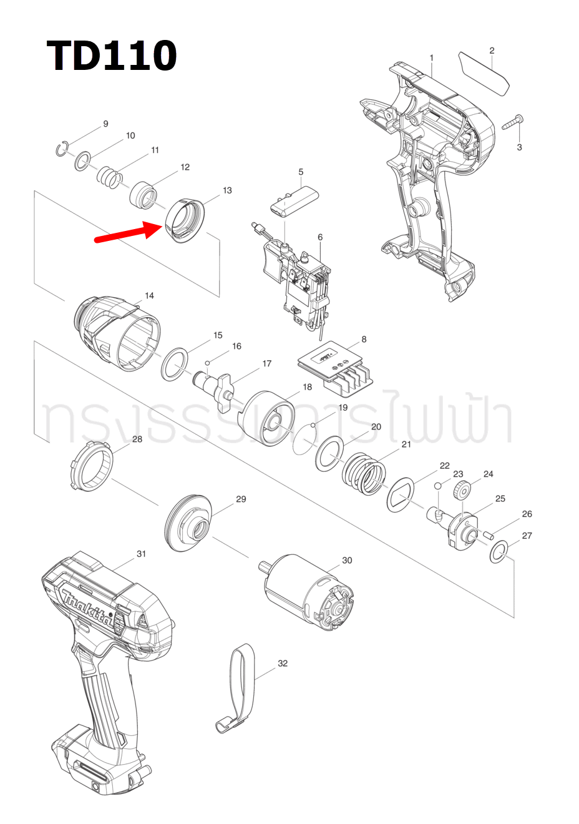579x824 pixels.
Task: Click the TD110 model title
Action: coord(112,56)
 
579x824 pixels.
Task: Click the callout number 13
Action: coord(227,190)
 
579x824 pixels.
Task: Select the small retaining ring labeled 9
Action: coord(61,150)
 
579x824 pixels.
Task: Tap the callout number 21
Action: coord(406,444)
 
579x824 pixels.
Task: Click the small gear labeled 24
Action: coord(462,491)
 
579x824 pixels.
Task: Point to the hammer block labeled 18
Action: coord(267,418)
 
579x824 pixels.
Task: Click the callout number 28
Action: coord(137,439)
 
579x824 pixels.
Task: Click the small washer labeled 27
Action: coord(499,552)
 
